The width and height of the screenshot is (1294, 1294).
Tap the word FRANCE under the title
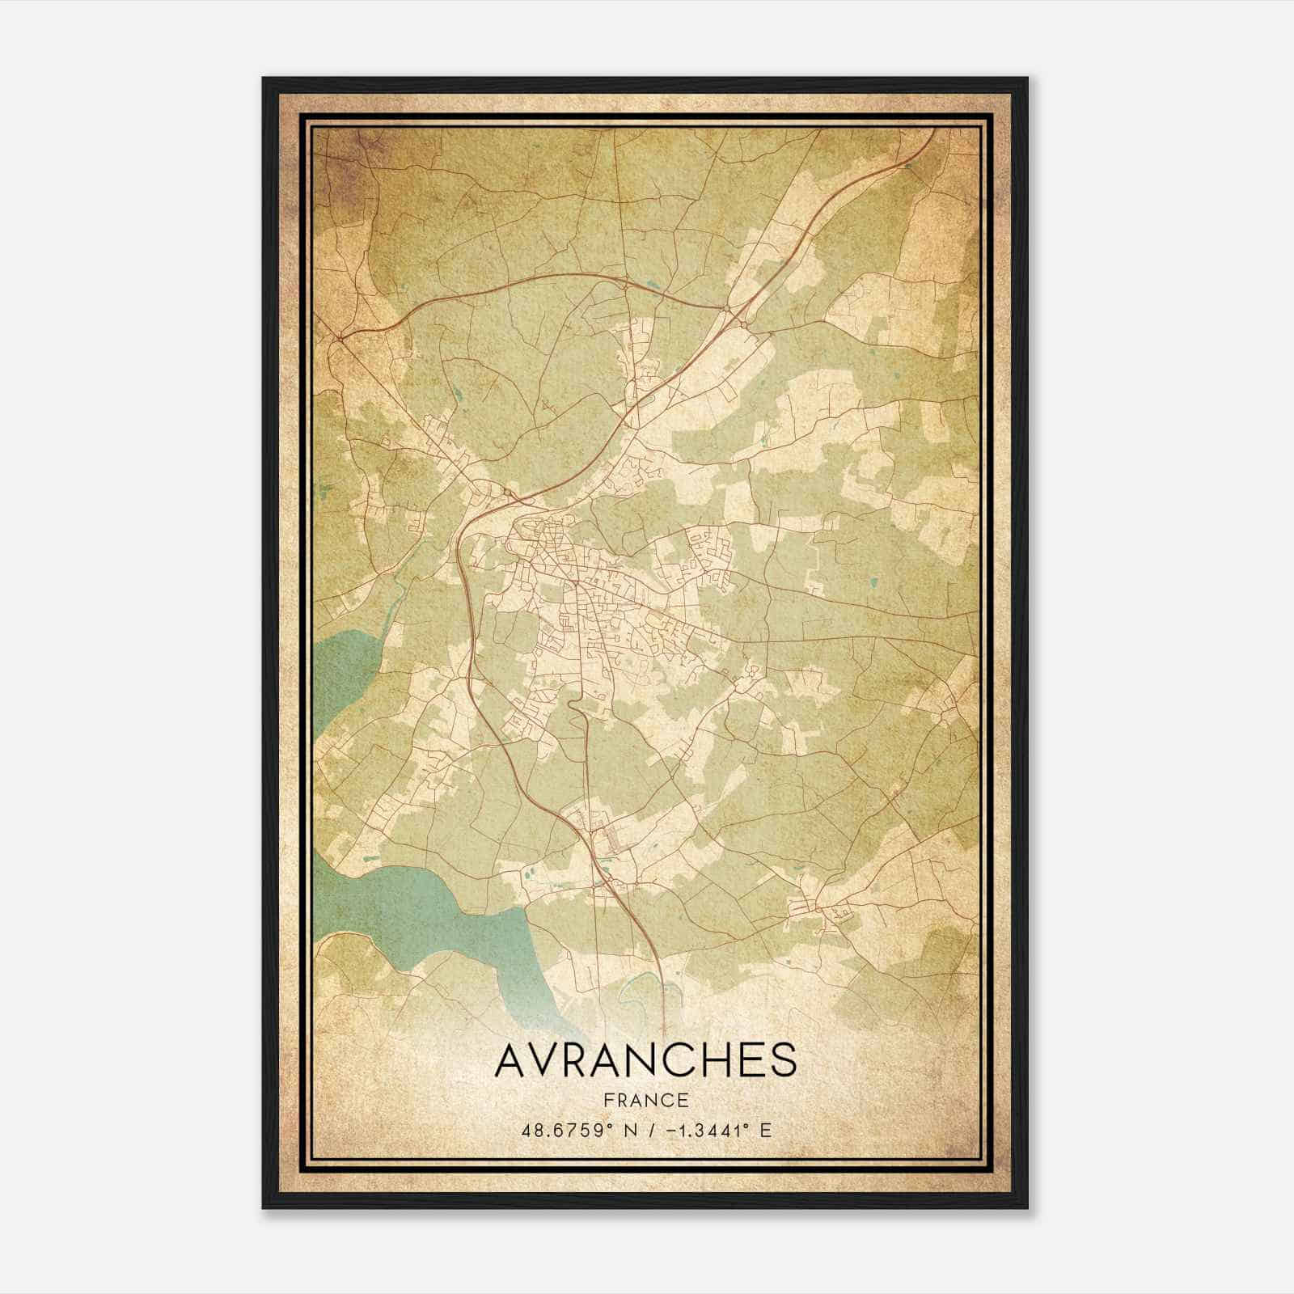[645, 1100]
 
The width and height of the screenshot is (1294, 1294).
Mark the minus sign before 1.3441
[671, 1130]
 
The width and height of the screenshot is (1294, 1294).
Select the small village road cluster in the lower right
[825, 910]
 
